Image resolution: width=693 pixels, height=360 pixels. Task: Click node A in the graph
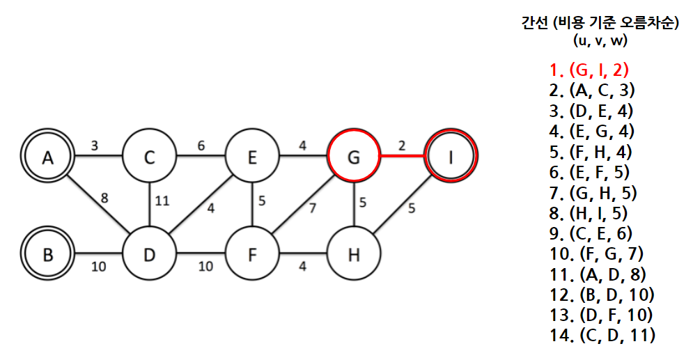point(47,158)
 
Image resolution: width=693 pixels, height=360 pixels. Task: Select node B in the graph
point(47,255)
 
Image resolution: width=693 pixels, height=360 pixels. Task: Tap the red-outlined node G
point(353,158)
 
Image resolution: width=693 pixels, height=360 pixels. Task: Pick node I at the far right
point(451,158)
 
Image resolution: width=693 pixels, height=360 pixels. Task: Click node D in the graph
point(149,255)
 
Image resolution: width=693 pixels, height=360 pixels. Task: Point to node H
point(353,255)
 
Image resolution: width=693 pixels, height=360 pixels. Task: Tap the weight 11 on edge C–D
point(162,201)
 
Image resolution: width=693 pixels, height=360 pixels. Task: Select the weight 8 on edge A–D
point(105,197)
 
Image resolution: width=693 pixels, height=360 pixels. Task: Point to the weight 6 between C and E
point(201,146)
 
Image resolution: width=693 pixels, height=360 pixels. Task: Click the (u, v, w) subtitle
point(600,40)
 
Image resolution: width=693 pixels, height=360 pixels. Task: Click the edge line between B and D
point(98,255)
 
